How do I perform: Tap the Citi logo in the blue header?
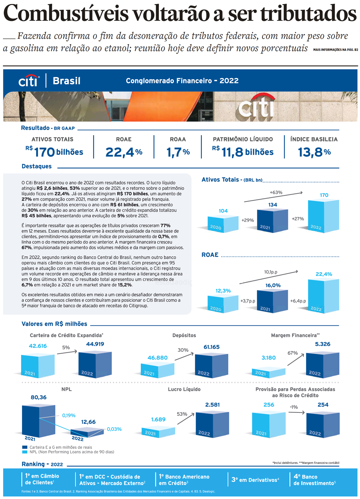pos(29,81)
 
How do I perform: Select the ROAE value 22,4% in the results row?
pos(124,152)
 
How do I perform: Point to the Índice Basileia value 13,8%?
pos(314,152)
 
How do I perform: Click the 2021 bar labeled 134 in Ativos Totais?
pos(272,221)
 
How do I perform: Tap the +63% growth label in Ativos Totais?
pos(276,192)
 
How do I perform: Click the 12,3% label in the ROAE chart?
pos(223,291)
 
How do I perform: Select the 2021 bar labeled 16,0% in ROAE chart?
pos(272,301)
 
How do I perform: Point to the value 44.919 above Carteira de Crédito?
pos(95,344)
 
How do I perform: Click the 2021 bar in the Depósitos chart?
pos(157,370)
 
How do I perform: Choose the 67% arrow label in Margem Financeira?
pos(293,353)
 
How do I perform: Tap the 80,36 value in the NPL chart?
pos(39,397)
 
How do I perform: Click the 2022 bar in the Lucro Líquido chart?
pos(212,424)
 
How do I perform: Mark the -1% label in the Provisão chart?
pos(294,407)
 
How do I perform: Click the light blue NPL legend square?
pos(25,452)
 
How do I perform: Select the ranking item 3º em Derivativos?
pos(255,480)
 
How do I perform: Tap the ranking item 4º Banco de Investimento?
pos(314,480)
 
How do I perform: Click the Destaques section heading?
pos(37,166)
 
